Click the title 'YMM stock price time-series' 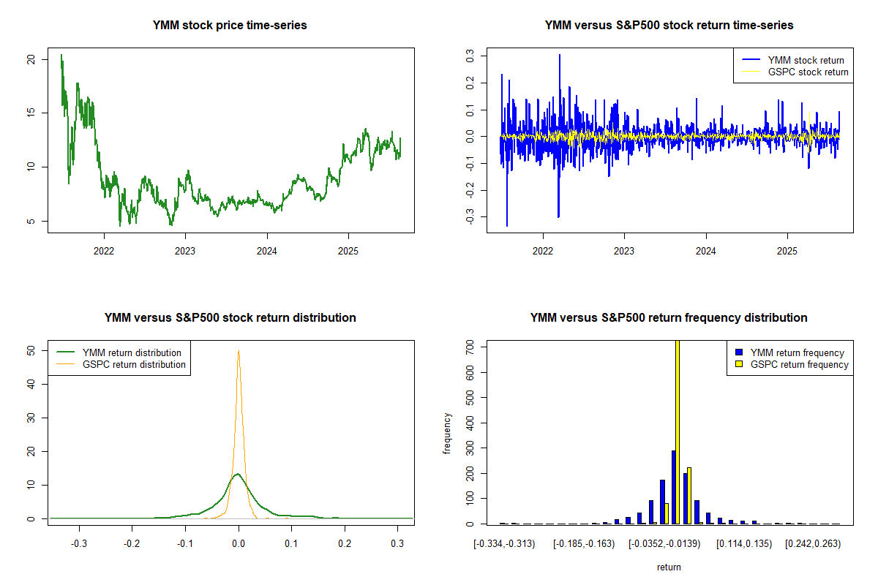(230, 26)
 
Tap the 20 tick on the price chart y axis (31, 59)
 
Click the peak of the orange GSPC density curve (239, 351)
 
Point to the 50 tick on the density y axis (31, 350)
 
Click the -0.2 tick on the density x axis (132, 545)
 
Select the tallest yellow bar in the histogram (678, 431)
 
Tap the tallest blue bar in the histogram (673, 487)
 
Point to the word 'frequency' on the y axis (447, 434)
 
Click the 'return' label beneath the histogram (669, 567)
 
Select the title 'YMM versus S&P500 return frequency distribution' (669, 318)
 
